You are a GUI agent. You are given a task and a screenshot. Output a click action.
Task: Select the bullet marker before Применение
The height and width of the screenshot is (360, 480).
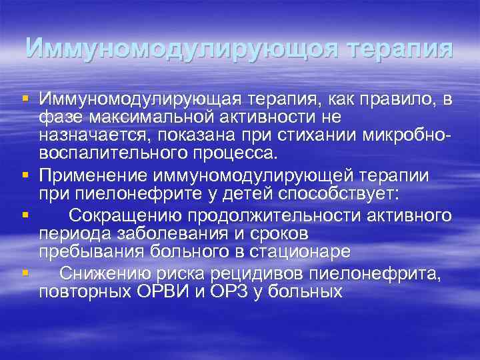coord(25,176)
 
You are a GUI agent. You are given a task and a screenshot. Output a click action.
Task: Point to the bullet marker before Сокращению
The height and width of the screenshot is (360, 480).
coord(25,215)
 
